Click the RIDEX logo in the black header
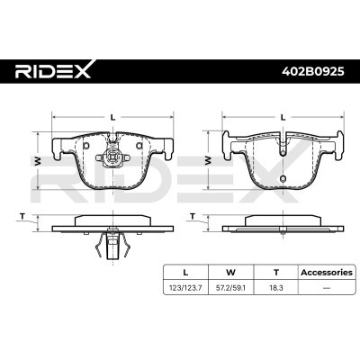[53, 70]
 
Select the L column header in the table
[185, 273]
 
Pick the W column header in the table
[230, 273]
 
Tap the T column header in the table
[276, 273]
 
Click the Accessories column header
[327, 273]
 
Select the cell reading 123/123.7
[185, 288]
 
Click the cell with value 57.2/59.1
[231, 288]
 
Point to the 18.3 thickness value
[276, 288]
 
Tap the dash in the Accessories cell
[327, 288]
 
